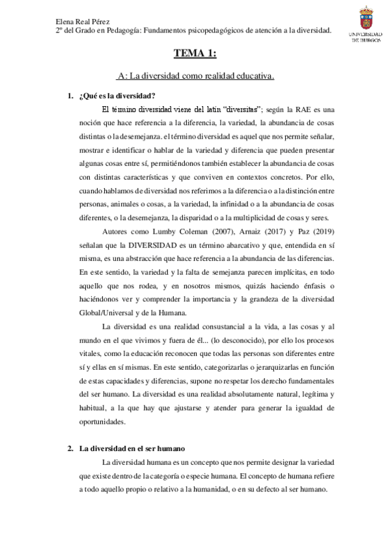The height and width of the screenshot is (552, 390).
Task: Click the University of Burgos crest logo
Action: (367, 18)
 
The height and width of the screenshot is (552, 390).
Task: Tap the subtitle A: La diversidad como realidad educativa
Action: (195, 76)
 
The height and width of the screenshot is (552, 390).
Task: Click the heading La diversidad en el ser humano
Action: (132, 448)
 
